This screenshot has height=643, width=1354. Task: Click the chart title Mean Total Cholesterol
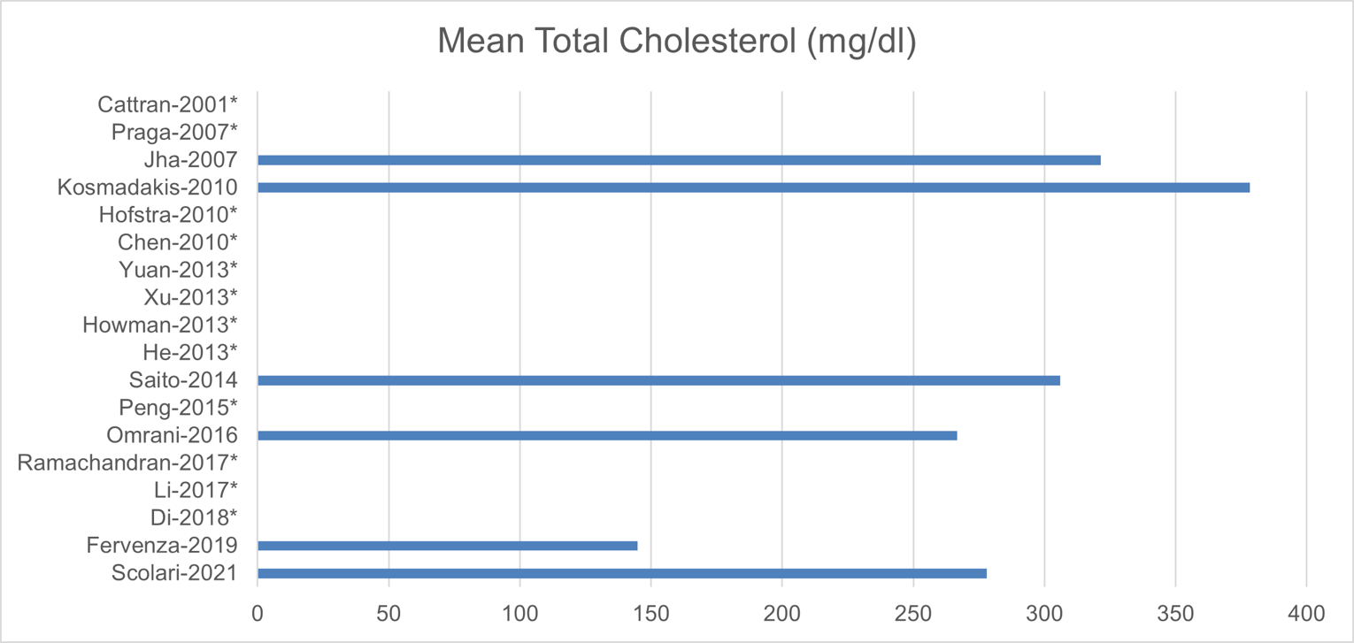(x=677, y=42)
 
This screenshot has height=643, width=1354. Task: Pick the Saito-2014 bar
(x=658, y=380)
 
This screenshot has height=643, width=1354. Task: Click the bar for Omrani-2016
(x=607, y=435)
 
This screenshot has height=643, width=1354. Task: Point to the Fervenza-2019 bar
(x=447, y=546)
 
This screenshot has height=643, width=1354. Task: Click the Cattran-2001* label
(x=168, y=105)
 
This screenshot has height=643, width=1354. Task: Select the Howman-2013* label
(x=160, y=325)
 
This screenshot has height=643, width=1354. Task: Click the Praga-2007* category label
(x=175, y=133)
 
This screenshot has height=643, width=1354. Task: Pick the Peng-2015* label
(x=178, y=408)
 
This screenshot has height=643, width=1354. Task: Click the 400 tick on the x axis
(x=1306, y=612)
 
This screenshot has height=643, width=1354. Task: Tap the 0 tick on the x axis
(x=258, y=612)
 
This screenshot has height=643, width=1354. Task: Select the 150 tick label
(x=650, y=612)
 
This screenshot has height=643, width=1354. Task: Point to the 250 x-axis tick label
(x=912, y=612)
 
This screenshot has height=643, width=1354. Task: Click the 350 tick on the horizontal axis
(x=1175, y=612)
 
